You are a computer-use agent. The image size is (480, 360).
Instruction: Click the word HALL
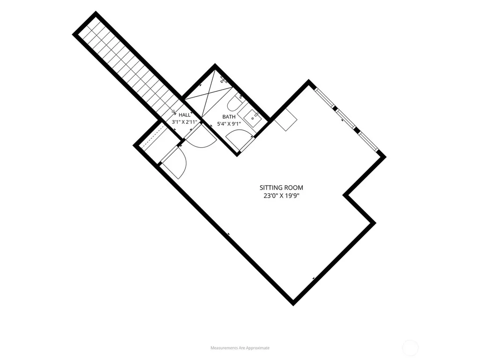[184, 115]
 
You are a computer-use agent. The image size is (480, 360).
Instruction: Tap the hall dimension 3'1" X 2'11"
[184, 122]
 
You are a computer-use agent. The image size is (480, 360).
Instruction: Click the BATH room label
[229, 117]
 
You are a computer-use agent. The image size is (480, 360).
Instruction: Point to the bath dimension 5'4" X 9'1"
[229, 124]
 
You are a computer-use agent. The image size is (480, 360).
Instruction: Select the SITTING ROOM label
[281, 187]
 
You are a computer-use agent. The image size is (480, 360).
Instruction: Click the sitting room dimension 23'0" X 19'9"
[281, 195]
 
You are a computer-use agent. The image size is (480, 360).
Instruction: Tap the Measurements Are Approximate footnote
[240, 348]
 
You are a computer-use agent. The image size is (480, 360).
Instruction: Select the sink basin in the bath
[253, 118]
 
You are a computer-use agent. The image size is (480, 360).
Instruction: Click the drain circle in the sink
[253, 118]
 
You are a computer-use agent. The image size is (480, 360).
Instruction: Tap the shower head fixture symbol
[224, 80]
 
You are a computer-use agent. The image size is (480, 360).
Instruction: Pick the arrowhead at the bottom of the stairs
[173, 112]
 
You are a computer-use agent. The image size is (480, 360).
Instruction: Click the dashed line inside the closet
[151, 137]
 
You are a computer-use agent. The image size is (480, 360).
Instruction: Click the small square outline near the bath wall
[285, 120]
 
